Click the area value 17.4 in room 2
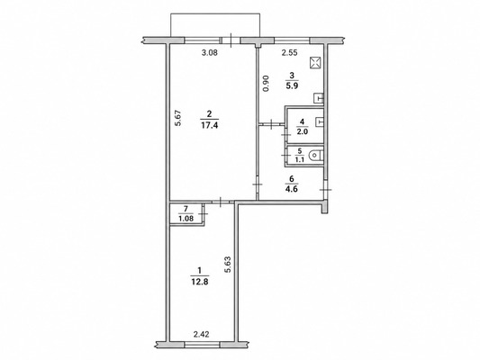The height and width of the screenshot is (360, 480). [210, 125]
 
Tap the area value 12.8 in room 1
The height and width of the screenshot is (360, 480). [200, 282]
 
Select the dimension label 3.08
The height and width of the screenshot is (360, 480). [210, 52]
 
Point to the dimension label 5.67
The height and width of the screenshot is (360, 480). [178, 118]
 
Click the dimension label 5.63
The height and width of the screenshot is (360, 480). [228, 264]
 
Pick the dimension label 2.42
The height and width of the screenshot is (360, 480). [202, 335]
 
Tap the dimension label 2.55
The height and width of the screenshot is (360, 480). [289, 52]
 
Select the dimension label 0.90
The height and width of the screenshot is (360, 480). [266, 83]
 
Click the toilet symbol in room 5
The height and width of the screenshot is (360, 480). [315, 156]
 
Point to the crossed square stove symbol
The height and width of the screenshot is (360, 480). [315, 63]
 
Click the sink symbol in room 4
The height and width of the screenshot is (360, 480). [320, 121]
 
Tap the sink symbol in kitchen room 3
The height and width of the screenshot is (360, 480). [319, 98]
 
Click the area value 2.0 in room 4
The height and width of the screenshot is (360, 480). [303, 131]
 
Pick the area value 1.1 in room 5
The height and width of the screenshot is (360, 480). [299, 160]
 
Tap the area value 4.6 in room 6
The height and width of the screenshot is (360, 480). [292, 189]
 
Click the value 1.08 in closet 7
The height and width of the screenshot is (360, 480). [186, 219]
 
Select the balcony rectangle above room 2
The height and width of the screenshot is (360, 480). [215, 25]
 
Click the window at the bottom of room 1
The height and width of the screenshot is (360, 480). [202, 345]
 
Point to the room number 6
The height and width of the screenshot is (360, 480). [292, 179]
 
